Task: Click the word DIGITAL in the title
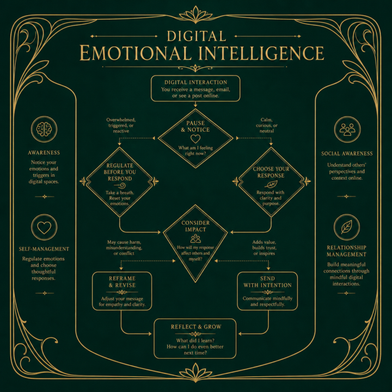pos(197,36)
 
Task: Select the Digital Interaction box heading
pos(196,82)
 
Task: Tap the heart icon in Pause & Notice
pos(195,139)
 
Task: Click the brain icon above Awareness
pos(44,129)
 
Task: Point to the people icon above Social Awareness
pos(347,129)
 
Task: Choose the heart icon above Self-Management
pos(44,228)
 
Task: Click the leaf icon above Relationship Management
pos(347,227)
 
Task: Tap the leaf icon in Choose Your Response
pos(271,185)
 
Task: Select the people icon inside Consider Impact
pos(195,239)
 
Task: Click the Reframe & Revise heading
pos(122,282)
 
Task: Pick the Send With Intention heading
pos(267,282)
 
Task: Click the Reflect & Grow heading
pos(196,327)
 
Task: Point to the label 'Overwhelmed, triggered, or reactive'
pos(121,125)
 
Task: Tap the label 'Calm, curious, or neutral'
pos(267,125)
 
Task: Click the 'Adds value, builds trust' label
pos(264,248)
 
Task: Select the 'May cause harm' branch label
pos(124,248)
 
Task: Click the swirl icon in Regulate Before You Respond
pos(120,186)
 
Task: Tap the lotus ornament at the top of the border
pos(196,15)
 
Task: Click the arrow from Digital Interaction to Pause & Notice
pos(195,104)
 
